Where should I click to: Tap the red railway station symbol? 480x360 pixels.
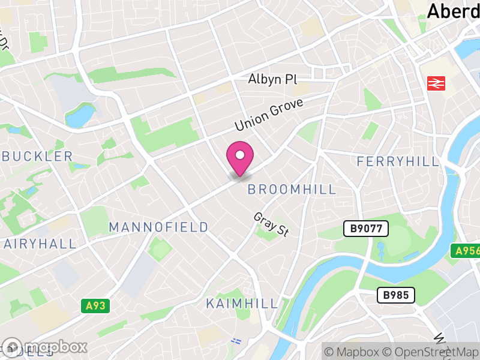tap(436, 83)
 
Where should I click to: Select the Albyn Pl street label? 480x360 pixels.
tap(272, 80)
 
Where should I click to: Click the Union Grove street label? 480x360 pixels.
tap(269, 115)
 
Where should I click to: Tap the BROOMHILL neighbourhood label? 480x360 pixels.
tap(292, 190)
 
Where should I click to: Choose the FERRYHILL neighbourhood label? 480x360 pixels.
tap(398, 161)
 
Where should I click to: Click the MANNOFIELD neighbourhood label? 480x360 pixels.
tap(158, 227)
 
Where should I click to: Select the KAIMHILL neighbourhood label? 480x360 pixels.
tap(242, 303)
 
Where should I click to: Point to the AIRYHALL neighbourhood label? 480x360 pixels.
tap(40, 244)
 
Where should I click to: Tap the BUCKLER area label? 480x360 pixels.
tap(37, 157)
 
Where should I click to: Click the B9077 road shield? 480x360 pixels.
tap(366, 229)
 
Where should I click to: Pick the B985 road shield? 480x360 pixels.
tap(395, 295)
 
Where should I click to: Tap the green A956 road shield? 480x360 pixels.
tap(466, 251)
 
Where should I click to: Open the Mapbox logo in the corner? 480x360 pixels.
tap(45, 347)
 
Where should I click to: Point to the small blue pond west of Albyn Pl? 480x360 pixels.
tap(80, 115)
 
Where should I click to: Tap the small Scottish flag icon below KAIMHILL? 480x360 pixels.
tap(236, 340)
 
